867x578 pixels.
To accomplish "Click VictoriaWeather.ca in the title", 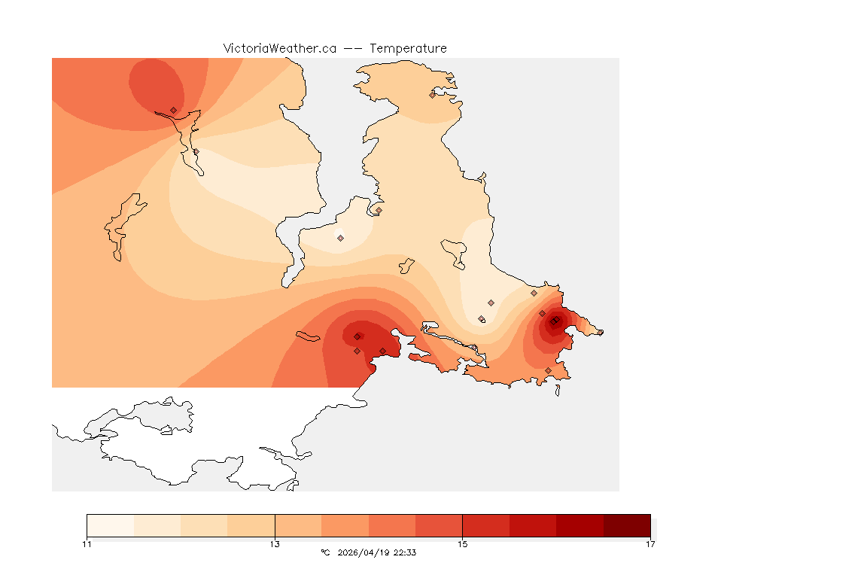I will (x=279, y=48).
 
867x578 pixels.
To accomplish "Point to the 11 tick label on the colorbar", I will (x=87, y=544).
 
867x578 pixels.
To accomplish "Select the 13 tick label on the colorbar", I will (x=275, y=544).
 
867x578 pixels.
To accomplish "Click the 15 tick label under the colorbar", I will (x=463, y=544).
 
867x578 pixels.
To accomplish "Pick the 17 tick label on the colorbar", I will (x=650, y=544).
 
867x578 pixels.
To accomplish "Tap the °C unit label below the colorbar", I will (x=325, y=552).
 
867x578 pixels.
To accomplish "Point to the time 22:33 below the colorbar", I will (x=406, y=552).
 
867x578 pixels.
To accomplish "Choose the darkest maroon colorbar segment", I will (x=627, y=525).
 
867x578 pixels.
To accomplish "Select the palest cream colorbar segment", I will (x=111, y=525).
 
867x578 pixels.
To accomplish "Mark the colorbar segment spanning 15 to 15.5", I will (x=486, y=525).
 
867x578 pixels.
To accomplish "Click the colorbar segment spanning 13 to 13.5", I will (x=298, y=525).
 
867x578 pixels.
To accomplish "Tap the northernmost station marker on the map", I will (x=432, y=95).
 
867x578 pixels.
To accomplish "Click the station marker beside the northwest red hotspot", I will (x=173, y=110).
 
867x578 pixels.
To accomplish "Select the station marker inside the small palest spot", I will (x=340, y=238).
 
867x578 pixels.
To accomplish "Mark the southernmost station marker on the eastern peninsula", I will (x=548, y=370).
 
